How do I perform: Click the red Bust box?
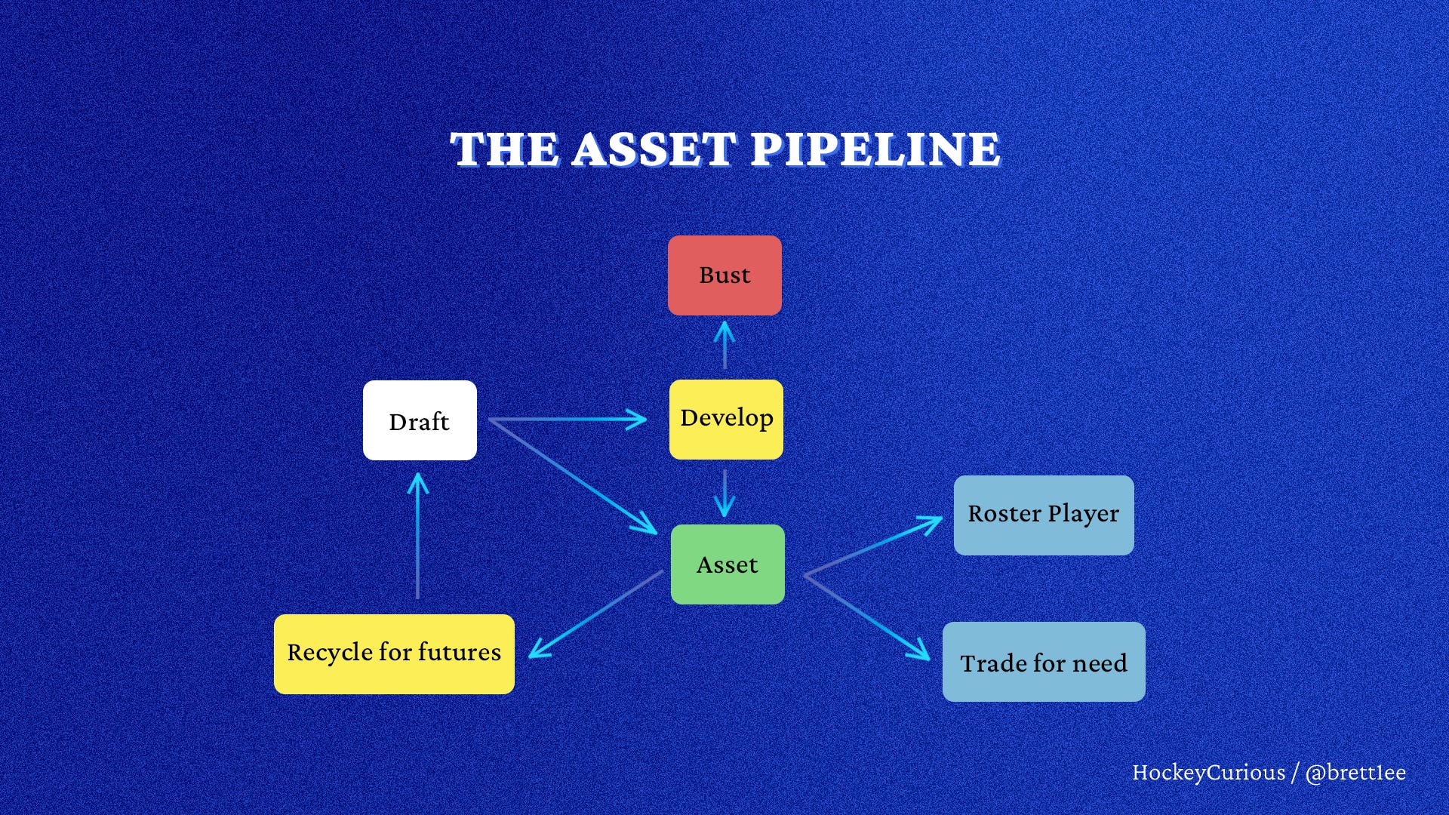click(x=724, y=275)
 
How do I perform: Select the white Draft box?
click(x=420, y=420)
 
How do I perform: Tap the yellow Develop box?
click(x=726, y=419)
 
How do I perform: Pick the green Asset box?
click(x=728, y=564)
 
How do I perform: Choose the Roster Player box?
click(x=1044, y=515)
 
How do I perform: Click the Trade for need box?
click(x=1044, y=662)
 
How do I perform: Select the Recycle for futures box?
click(x=394, y=654)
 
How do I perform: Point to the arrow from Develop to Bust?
click(x=724, y=346)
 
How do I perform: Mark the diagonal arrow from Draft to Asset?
click(x=574, y=476)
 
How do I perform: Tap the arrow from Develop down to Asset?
click(x=724, y=492)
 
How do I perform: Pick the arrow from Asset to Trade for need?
click(x=868, y=617)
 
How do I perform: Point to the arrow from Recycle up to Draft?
click(x=417, y=536)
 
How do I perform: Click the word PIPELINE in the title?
click(x=875, y=149)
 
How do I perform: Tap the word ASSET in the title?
click(x=654, y=149)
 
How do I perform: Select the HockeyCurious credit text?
click(x=1207, y=773)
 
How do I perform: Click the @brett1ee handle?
click(x=1355, y=773)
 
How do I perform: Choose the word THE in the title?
click(x=504, y=149)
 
